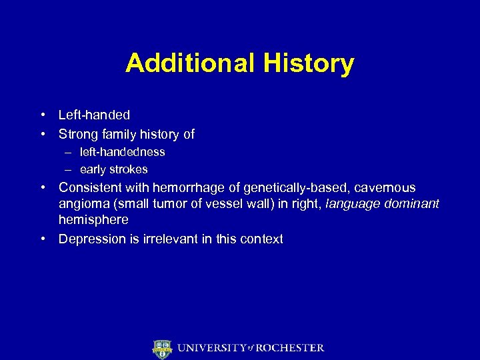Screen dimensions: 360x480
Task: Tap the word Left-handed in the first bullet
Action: [94, 115]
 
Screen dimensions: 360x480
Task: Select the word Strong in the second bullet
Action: [78, 134]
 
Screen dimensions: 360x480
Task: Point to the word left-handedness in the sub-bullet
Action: [122, 152]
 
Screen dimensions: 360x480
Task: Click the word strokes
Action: [130, 169]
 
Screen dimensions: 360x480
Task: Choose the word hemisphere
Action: [93, 220]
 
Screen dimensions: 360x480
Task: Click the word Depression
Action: [91, 239]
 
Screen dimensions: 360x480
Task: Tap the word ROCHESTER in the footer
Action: [291, 348]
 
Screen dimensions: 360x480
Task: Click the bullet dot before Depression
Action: [43, 239]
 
